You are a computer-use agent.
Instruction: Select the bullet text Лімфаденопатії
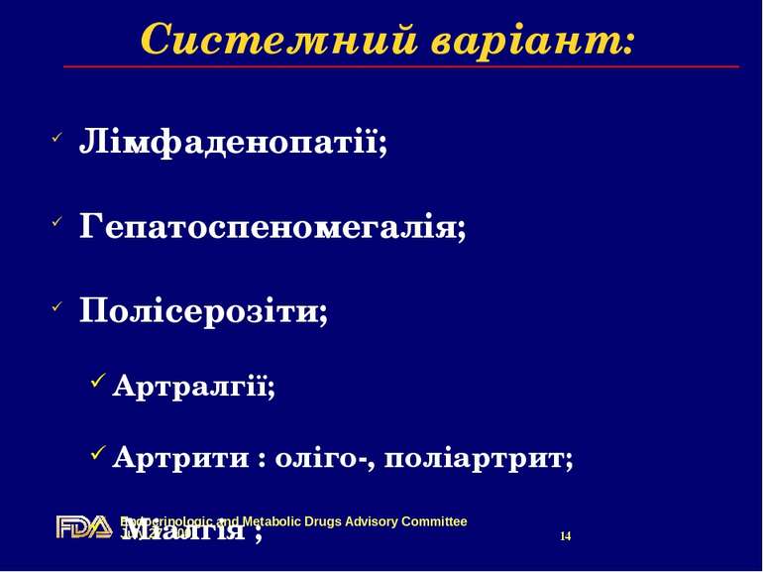[233, 142]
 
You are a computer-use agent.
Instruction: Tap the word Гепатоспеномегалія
[272, 228]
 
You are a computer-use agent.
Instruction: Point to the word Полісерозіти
[203, 312]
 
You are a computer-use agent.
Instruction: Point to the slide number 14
[566, 536]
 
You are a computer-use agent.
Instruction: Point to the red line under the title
[401, 66]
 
